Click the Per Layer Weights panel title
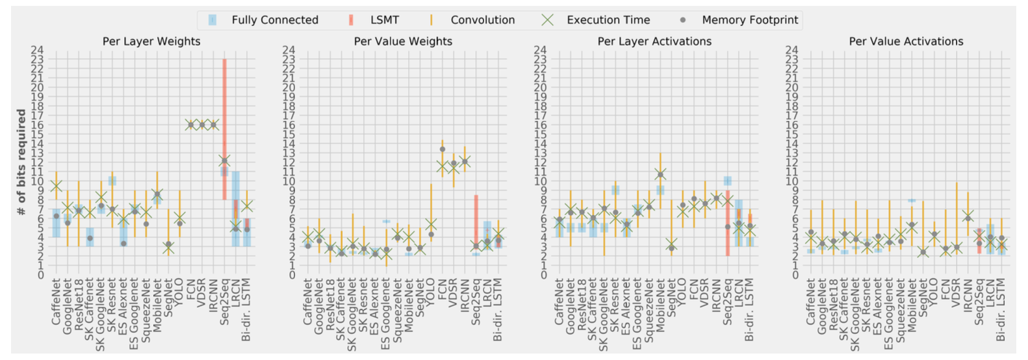coord(151,42)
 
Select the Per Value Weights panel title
coord(403,42)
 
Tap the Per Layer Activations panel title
coord(654,42)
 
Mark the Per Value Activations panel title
coord(906,42)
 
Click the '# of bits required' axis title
coord(21,162)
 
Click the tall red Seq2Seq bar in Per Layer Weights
coord(224,117)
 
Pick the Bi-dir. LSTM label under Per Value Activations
coord(1001,310)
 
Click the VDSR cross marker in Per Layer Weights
coord(202,125)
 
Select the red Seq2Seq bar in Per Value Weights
coord(476,221)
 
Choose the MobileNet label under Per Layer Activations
coord(660,306)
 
